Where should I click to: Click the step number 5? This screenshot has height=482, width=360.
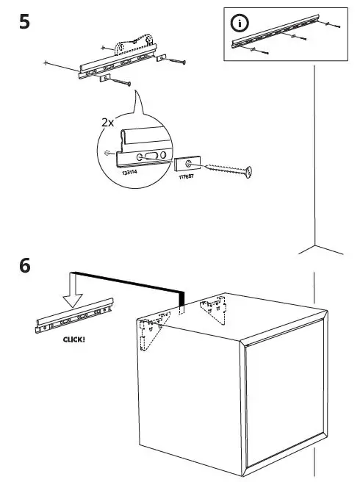pos(24,21)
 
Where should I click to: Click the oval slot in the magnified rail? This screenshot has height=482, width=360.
pos(149,156)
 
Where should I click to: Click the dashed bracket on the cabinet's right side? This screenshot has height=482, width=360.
pos(215,309)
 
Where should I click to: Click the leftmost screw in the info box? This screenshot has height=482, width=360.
pos(254,50)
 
